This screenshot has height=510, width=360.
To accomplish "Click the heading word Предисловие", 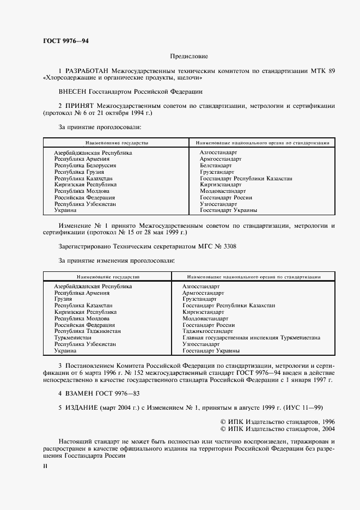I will click(188, 56).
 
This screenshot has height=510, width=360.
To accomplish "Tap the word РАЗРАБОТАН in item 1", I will click(87, 71).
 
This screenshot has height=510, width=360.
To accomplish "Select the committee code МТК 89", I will click(324, 71).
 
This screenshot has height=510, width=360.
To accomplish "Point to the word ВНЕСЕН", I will click(73, 92).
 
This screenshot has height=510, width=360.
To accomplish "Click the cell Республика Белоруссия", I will click(85, 165).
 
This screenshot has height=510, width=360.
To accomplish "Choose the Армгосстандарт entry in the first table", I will click(220, 159).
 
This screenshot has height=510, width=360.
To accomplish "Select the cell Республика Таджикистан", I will click(87, 331).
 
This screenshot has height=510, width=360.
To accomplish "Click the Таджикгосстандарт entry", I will click(208, 331).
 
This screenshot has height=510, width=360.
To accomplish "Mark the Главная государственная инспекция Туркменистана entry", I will click(251, 337).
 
